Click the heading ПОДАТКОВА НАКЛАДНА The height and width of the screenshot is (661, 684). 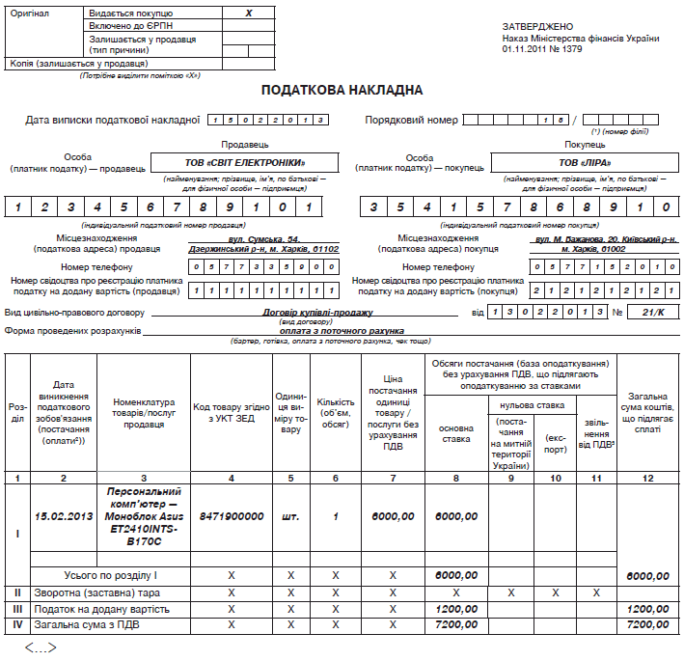(x=342, y=90)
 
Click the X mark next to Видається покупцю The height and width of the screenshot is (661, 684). (x=248, y=14)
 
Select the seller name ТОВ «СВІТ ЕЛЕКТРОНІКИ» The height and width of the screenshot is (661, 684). (x=244, y=162)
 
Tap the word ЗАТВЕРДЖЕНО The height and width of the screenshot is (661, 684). (x=537, y=26)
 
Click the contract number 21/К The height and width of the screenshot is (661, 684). (x=653, y=312)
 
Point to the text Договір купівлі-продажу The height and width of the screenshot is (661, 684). (x=317, y=312)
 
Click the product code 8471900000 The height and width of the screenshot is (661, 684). (x=232, y=516)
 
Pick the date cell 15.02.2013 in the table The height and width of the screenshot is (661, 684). (x=64, y=516)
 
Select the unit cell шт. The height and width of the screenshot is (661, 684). (x=290, y=516)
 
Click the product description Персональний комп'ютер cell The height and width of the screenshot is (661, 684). (x=145, y=516)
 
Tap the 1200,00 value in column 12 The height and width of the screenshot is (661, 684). (x=648, y=609)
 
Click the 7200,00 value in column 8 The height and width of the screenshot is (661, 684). (x=456, y=625)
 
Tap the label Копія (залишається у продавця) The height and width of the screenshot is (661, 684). (x=65, y=63)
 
